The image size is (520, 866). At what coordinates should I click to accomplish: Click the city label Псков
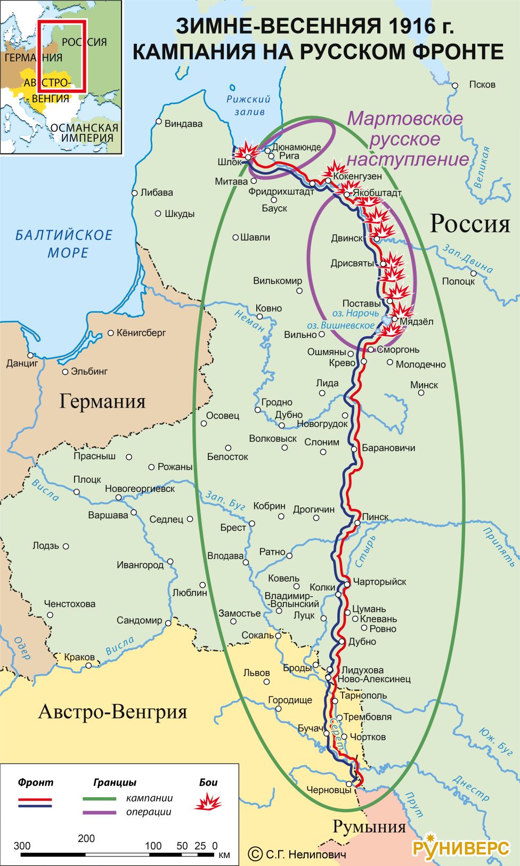(x=482, y=84)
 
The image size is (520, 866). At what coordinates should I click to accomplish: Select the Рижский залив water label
(x=248, y=105)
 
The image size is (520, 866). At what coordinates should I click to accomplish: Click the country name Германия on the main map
(x=102, y=401)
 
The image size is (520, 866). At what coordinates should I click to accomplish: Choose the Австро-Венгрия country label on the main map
(x=112, y=711)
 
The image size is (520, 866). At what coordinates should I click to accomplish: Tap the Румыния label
(x=369, y=826)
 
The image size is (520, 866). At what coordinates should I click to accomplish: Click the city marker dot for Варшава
(x=134, y=513)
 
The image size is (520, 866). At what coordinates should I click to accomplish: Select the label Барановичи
(x=388, y=448)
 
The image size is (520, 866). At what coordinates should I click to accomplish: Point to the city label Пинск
(x=375, y=517)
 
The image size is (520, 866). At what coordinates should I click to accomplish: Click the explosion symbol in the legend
(x=208, y=801)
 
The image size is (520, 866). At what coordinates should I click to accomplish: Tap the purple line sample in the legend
(x=99, y=812)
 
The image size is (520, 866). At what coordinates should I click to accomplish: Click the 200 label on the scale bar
(x=86, y=838)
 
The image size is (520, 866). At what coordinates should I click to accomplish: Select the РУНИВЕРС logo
(x=461, y=847)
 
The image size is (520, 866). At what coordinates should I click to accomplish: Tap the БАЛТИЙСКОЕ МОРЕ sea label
(x=64, y=243)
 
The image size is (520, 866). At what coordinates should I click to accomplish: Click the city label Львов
(x=256, y=673)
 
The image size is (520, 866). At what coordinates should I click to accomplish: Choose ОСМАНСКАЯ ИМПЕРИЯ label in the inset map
(x=84, y=132)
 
